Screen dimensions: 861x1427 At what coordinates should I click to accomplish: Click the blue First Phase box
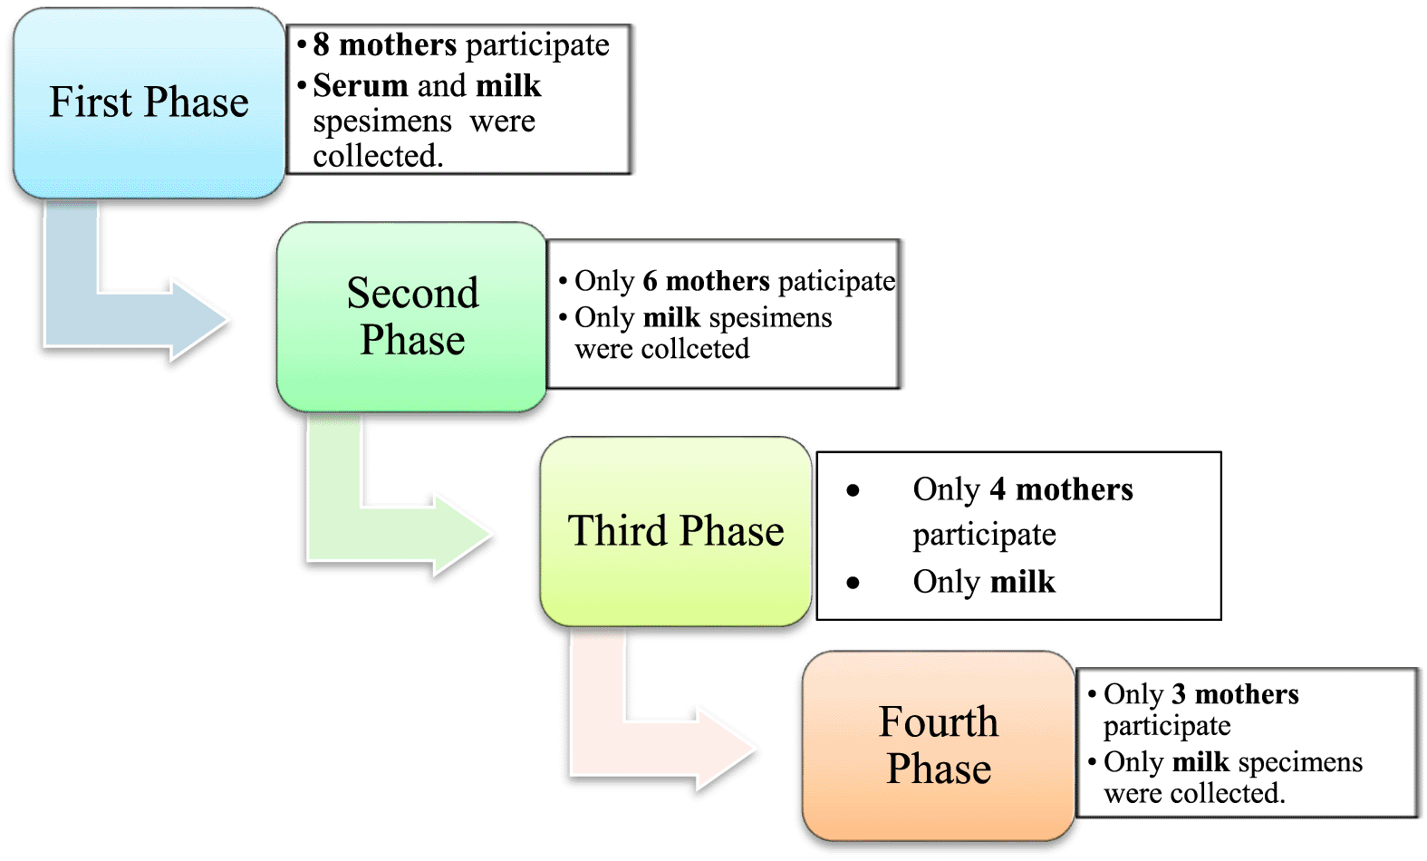click(149, 103)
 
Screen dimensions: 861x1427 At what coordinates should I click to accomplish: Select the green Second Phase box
click(412, 317)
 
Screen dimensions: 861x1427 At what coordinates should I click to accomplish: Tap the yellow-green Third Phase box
click(675, 531)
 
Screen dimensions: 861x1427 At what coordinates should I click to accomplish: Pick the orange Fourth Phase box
click(939, 745)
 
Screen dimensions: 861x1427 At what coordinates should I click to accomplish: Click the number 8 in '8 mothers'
click(321, 45)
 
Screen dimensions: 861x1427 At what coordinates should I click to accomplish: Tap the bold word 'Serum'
click(361, 86)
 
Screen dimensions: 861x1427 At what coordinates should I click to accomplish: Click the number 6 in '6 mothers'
click(650, 282)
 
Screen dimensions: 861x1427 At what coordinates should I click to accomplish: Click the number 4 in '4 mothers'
click(998, 490)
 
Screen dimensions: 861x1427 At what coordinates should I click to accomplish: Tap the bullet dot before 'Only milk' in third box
click(853, 583)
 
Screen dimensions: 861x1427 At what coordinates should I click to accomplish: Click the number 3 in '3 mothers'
click(1178, 695)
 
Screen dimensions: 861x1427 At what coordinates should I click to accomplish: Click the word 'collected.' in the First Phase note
click(378, 157)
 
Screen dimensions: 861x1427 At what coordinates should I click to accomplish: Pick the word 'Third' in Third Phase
click(617, 531)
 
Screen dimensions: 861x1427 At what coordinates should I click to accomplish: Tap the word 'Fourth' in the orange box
click(939, 722)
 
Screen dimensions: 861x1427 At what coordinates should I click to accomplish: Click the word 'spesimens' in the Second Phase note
click(770, 318)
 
